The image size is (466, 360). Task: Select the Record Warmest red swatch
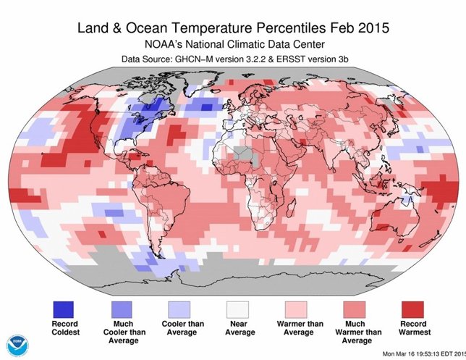pyautogui.click(x=416, y=309)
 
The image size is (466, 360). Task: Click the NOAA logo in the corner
pyautogui.click(x=15, y=345)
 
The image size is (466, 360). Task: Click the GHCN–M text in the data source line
pyautogui.click(x=192, y=59)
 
